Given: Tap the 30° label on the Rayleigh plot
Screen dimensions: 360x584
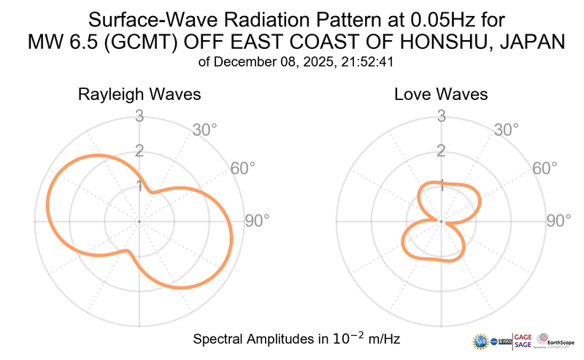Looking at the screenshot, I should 205,130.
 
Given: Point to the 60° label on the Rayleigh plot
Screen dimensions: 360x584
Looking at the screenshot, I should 242,168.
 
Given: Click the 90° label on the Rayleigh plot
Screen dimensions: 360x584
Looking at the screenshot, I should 257,221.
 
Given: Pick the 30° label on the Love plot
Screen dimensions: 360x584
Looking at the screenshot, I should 507,130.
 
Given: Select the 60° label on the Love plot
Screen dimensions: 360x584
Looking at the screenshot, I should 544,168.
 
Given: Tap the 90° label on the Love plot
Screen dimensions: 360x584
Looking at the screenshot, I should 558,221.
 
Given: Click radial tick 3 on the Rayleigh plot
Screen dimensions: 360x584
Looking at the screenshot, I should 139,115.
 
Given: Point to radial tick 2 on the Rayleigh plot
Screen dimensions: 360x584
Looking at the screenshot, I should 139,151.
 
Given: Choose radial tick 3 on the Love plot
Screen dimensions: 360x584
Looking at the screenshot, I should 441,115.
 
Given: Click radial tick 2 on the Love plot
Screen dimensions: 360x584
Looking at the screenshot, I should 441,151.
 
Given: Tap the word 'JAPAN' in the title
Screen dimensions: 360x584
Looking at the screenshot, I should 531,43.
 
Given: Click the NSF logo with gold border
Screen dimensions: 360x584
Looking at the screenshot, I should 481,341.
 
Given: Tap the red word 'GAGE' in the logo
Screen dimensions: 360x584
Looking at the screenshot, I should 523,337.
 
